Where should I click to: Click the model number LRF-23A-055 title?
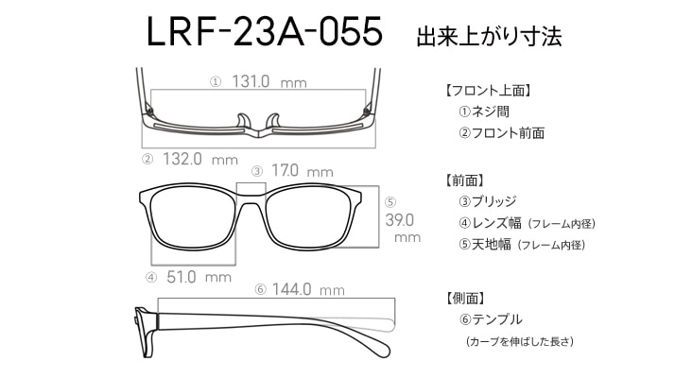click(x=264, y=31)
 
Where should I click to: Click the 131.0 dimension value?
click(x=251, y=81)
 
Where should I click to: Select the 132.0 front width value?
click(x=182, y=159)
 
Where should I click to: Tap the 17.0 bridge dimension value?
click(x=285, y=170)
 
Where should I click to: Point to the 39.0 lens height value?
click(x=400, y=220)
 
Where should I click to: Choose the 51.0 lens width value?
click(x=182, y=277)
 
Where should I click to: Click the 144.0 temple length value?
click(x=291, y=289)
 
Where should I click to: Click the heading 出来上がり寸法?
click(x=489, y=36)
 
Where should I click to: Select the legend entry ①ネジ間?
click(x=484, y=112)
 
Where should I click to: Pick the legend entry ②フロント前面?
click(x=501, y=132)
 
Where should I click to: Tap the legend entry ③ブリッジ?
click(x=488, y=201)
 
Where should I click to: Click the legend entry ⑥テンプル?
click(x=491, y=319)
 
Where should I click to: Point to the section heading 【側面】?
click(x=466, y=298)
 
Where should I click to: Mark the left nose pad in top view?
click(x=243, y=121)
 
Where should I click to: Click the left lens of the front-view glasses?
click(x=194, y=218)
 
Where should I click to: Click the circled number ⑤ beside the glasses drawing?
click(x=390, y=202)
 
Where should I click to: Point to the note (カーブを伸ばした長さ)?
click(x=520, y=341)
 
